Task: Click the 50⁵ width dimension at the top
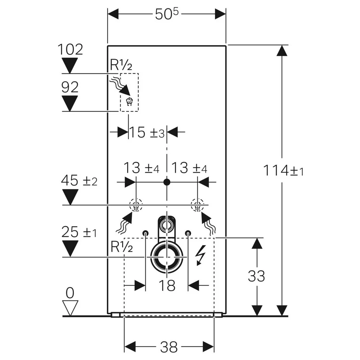point(167,14)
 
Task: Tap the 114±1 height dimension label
point(283,171)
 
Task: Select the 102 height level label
point(70,49)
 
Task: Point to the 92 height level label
point(70,87)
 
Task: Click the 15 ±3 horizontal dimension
point(147,132)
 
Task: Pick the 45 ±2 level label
point(79,180)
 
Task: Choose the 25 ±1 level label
point(79,232)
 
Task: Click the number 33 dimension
point(256,276)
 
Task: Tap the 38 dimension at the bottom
point(169,347)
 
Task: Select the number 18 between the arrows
point(167,286)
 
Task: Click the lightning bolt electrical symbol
point(200,255)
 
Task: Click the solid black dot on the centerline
point(167,182)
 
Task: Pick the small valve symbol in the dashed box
point(130,102)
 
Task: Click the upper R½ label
point(121,65)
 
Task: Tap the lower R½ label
point(122,247)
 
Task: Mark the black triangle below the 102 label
point(70,66)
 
